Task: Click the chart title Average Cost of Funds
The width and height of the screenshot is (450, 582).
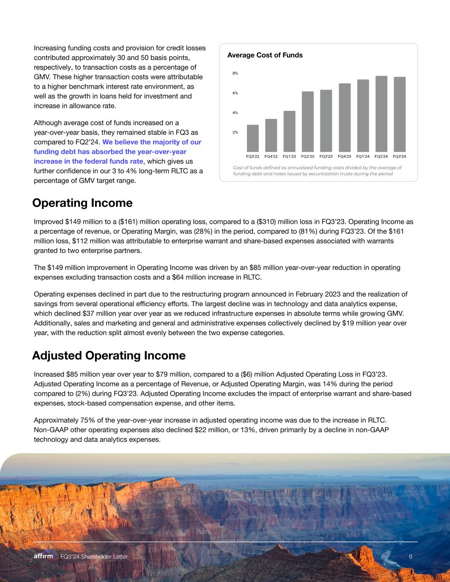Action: coord(265,55)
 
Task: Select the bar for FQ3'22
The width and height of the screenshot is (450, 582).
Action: coord(253,138)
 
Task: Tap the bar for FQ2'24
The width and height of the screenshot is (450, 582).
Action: coord(381,113)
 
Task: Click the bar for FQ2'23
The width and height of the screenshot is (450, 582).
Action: coord(308,122)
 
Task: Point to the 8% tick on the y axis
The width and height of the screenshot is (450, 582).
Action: coord(235,73)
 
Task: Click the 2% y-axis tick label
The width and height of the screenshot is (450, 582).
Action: coord(235,132)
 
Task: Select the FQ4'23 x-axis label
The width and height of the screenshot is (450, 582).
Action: coord(344,156)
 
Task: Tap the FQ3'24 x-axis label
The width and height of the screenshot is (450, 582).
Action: coord(399,156)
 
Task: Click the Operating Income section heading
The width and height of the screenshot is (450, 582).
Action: coord(82,203)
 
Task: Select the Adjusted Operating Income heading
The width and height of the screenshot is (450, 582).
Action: coord(109,356)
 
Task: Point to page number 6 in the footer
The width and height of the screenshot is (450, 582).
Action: coord(410,557)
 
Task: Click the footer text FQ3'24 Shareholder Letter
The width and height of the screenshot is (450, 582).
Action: coord(94,557)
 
